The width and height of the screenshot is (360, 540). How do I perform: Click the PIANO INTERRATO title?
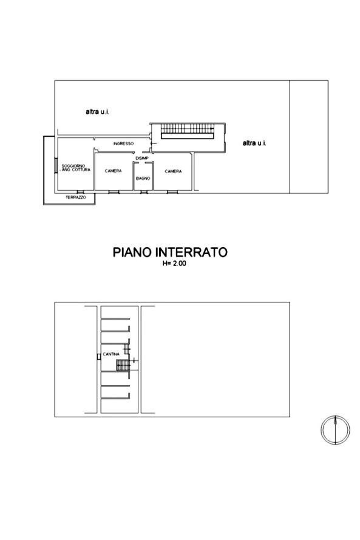point(170,252)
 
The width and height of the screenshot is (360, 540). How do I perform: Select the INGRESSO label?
point(123,143)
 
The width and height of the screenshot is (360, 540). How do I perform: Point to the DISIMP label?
point(142,158)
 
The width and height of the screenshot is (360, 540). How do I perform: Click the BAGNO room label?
point(143,178)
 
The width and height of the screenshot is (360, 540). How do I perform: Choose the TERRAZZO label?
point(76,198)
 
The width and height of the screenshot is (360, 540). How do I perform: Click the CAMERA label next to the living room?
point(113,171)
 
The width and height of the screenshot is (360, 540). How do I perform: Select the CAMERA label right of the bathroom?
point(173,171)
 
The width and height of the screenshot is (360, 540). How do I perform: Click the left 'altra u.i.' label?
point(97,112)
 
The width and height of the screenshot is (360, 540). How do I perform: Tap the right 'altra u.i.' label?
point(254,143)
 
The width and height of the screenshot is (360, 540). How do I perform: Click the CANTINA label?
point(110,354)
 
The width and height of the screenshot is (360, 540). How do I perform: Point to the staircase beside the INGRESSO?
point(186,131)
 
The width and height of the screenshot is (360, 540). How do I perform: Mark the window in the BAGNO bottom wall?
point(143,192)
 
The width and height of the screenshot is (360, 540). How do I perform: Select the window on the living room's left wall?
point(56,165)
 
